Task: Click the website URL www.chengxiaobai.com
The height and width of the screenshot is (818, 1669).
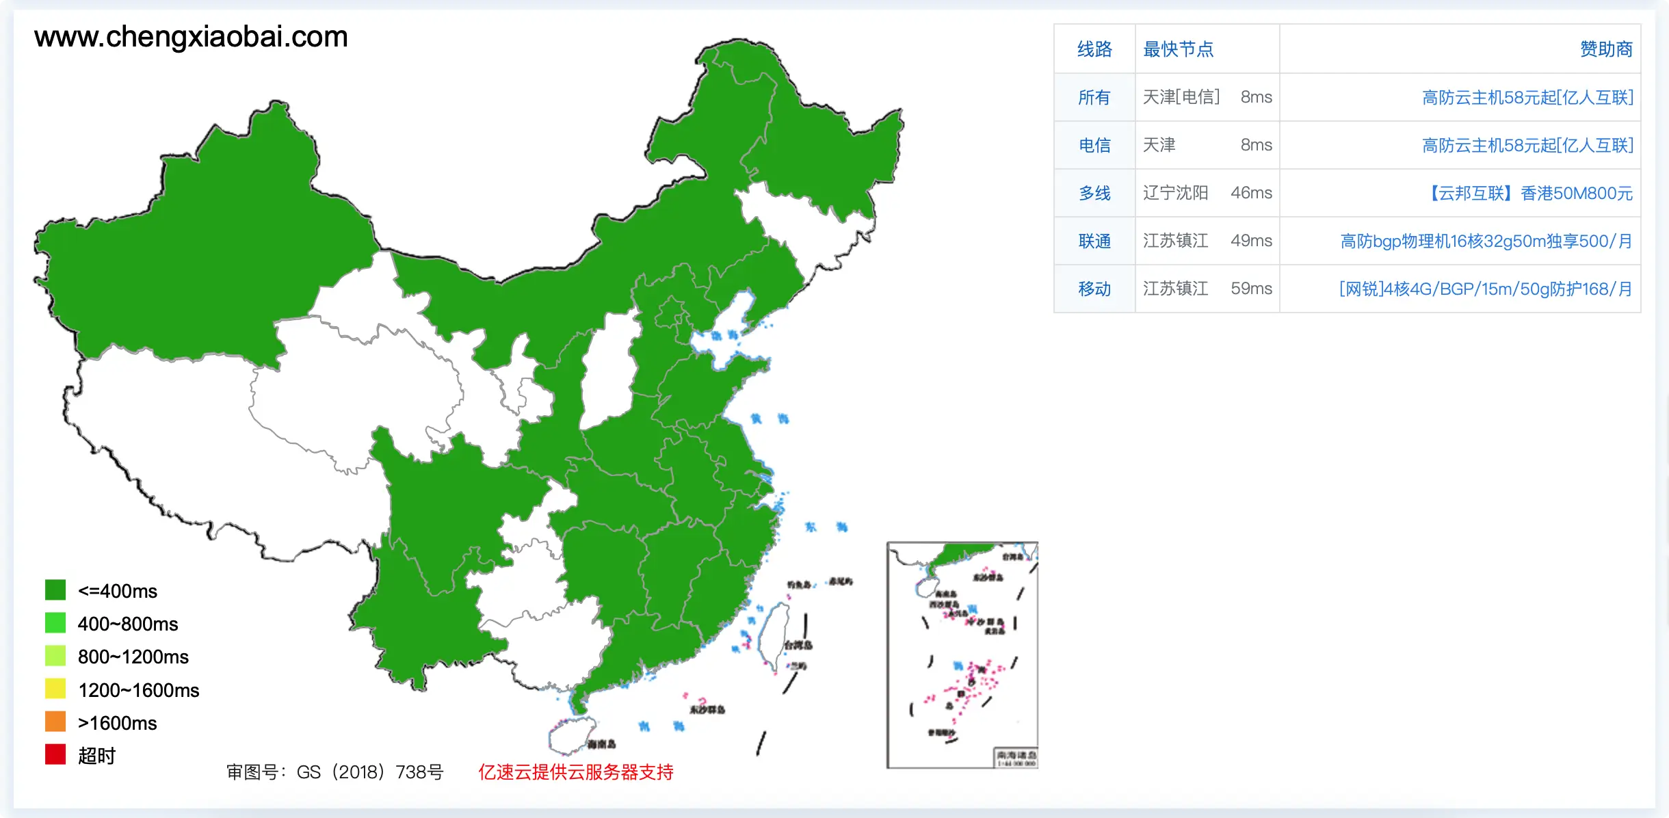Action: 191,37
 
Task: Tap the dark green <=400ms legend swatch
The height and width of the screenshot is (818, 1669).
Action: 55,590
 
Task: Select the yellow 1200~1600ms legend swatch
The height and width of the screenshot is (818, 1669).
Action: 55,689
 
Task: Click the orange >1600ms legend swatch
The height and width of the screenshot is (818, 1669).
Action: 55,722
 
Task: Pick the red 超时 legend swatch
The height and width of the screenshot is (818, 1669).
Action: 55,754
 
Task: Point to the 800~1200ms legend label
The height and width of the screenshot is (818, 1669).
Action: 133,657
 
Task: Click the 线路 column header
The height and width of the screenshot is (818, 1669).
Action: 1094,49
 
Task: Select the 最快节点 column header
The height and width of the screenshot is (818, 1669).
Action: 1178,49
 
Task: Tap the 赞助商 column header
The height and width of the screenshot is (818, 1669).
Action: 1605,49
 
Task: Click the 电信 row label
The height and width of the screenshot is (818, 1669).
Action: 1094,145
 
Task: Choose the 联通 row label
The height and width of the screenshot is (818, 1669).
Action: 1094,241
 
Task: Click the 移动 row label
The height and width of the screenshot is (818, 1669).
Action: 1094,289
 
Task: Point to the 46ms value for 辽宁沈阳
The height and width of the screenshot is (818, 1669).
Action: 1251,193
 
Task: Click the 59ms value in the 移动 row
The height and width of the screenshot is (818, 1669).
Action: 1251,289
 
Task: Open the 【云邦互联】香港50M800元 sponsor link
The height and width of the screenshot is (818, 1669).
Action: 1528,193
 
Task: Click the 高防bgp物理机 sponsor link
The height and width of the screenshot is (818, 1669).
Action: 1486,241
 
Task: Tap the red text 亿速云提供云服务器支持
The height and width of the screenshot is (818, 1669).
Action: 575,772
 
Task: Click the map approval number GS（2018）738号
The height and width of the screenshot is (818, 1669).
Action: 335,772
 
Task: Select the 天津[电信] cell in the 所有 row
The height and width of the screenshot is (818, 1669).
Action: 1181,97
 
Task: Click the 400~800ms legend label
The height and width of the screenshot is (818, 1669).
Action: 127,624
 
